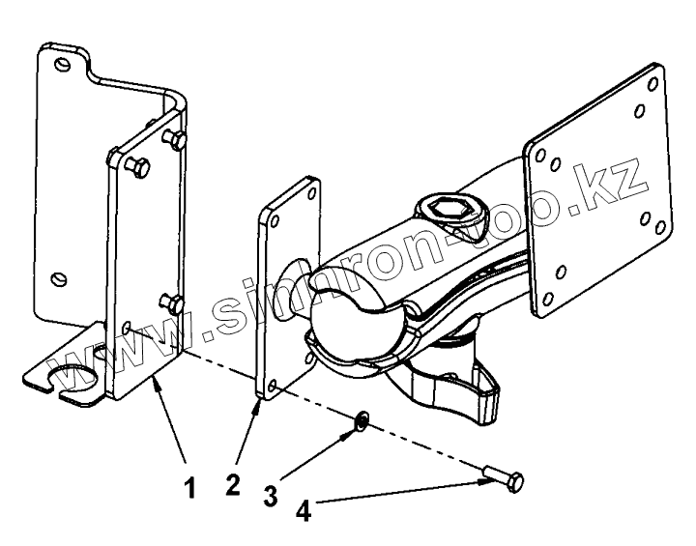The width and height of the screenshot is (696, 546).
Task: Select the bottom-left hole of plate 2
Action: click(274, 386)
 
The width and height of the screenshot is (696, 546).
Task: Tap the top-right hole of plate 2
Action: click(309, 192)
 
